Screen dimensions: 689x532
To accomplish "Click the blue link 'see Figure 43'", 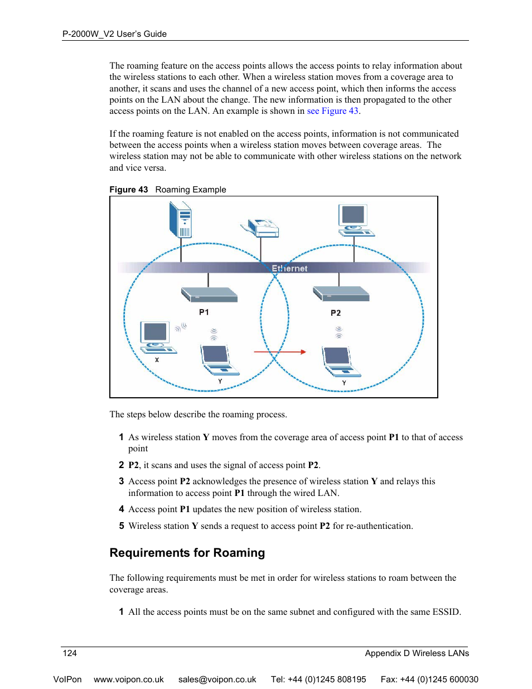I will (333, 111).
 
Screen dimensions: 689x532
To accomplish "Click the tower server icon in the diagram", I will (181, 220).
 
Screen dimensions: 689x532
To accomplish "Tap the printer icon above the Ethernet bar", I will (261, 228).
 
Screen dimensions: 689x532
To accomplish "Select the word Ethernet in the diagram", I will (289, 268).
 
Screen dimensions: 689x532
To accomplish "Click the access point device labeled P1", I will (209, 295).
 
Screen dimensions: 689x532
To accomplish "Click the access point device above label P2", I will (341, 293).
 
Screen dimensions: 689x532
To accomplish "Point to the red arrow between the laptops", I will (280, 352).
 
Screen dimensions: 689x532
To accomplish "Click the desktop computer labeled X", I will (157, 338).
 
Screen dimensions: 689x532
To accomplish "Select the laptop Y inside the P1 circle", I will (218, 360).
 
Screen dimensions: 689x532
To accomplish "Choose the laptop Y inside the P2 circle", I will (340, 362).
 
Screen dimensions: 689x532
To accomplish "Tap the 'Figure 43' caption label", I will (128, 190).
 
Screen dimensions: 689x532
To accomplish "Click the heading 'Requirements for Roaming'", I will (187, 553).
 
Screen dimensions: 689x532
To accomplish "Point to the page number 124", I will (70, 653).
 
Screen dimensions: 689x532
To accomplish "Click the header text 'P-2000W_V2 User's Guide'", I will (114, 34).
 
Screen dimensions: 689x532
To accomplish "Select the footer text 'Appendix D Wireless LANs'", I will (417, 653).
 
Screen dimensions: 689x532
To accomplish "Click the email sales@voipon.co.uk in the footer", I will (217, 680).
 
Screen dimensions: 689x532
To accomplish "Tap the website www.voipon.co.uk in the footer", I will (129, 680).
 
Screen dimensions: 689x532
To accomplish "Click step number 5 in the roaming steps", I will (121, 526).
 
